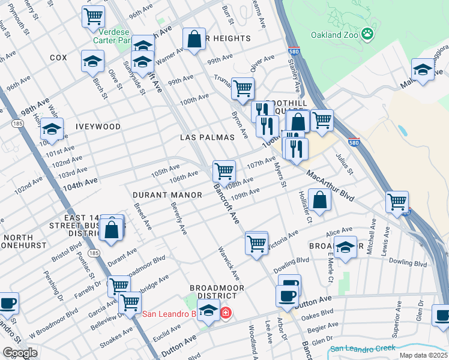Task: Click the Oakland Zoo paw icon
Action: [368, 34]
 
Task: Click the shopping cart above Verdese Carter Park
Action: [93, 16]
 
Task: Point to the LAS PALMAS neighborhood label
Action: [207, 137]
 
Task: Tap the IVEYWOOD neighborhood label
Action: [98, 127]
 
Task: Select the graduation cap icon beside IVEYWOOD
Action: [52, 130]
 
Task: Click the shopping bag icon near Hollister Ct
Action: [320, 200]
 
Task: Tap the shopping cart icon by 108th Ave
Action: [224, 170]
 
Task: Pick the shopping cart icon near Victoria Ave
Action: [256, 244]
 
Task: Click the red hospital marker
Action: [226, 313]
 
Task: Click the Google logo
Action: [20, 352]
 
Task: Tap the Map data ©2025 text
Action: [423, 355]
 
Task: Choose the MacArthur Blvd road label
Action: [330, 185]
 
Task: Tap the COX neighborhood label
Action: [58, 58]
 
